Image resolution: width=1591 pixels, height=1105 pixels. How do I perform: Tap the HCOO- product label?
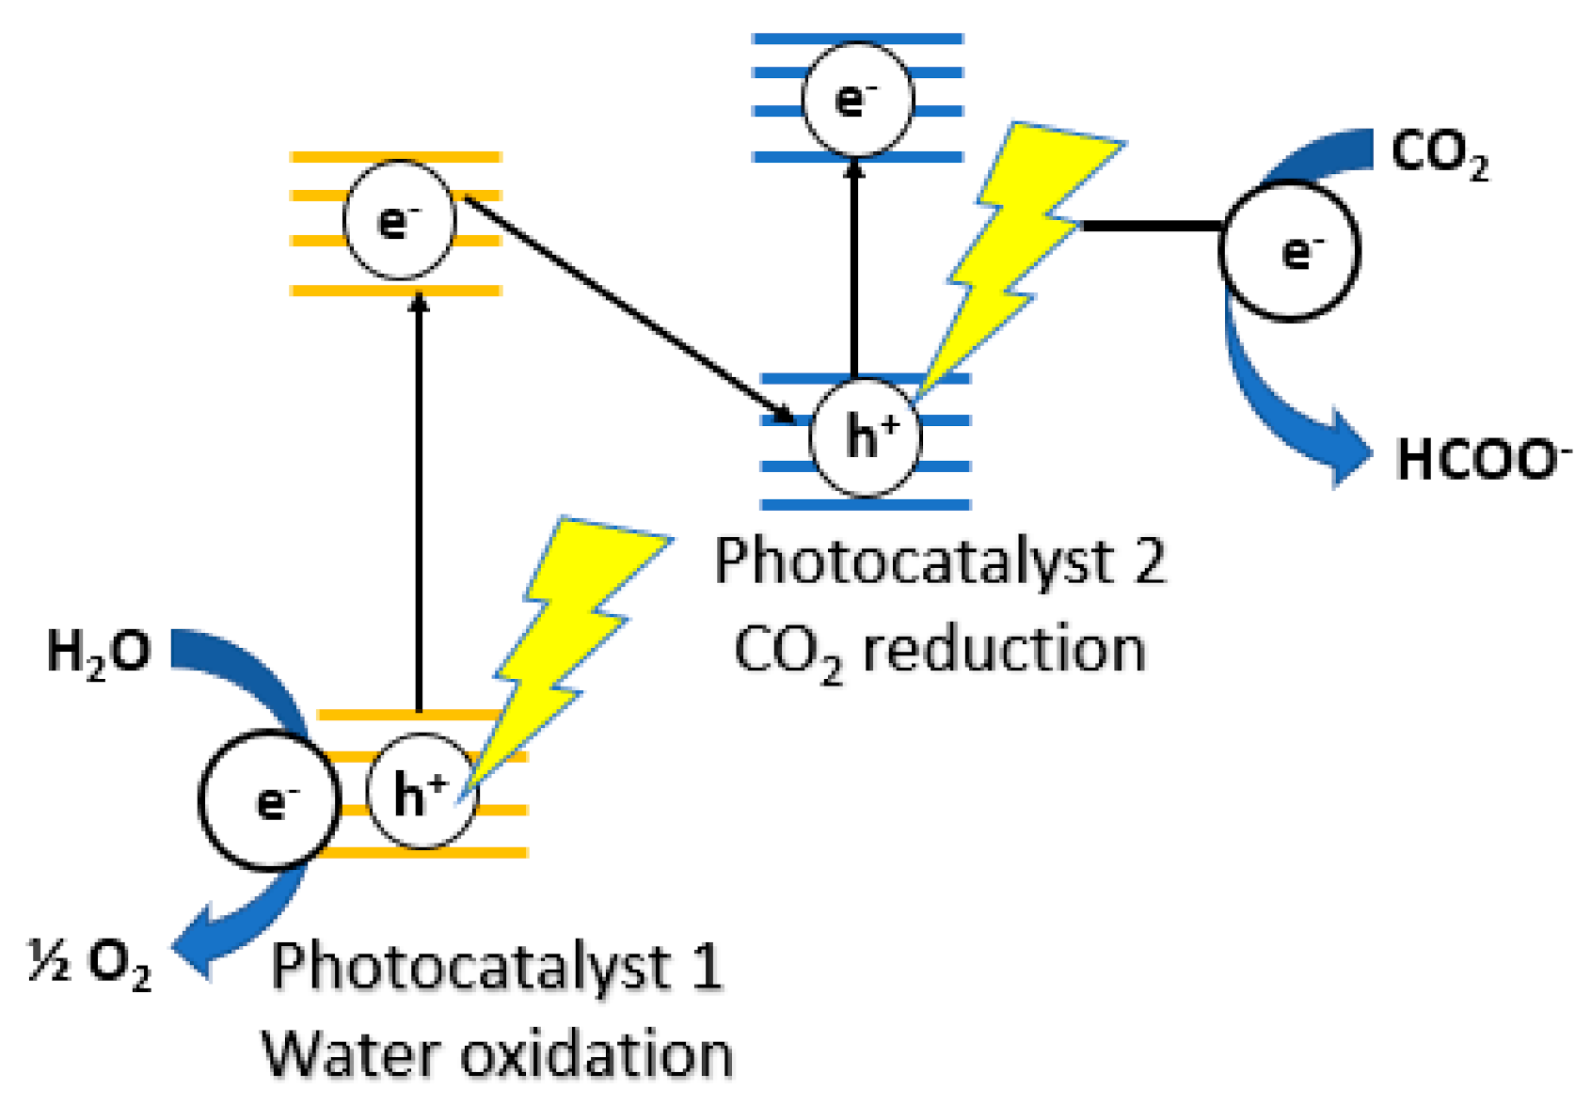tap(1482, 461)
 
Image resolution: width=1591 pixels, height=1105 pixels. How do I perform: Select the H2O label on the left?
tap(98, 652)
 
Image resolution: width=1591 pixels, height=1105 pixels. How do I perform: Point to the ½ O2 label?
tap(89, 962)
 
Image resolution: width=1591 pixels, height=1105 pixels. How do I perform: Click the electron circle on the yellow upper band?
tap(400, 221)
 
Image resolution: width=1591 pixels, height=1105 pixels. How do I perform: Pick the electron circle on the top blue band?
tap(857, 99)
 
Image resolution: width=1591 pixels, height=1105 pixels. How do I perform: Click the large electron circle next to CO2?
tap(1290, 251)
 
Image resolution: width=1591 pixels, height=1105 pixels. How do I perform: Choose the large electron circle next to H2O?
tap(270, 800)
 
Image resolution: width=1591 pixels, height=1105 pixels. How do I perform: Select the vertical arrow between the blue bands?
tap(854, 268)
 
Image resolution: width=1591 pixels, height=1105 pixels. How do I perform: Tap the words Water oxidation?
tap(497, 1055)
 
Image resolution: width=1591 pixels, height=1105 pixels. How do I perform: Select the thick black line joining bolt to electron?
tap(1153, 226)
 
